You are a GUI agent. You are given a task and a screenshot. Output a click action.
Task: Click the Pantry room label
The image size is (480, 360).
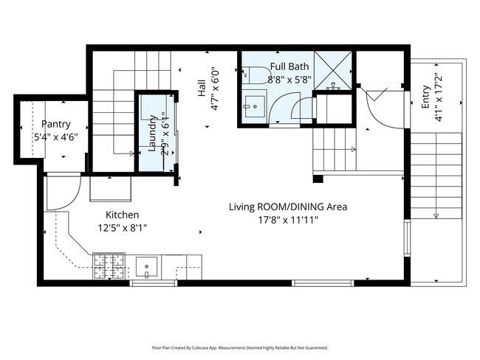(x=56, y=124)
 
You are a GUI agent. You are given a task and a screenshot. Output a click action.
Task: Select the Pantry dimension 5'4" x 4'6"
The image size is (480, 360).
(x=56, y=136)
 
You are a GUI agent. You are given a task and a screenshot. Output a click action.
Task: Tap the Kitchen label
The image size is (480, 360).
(x=122, y=215)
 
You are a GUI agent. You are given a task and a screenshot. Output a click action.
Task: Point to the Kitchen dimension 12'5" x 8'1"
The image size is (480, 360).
(x=122, y=228)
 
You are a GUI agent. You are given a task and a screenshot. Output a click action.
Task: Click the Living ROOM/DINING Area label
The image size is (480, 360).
(x=287, y=207)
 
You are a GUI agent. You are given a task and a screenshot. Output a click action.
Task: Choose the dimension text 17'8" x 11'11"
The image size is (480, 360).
(x=287, y=220)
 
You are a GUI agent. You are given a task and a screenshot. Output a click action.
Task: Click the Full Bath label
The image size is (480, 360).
(x=284, y=66)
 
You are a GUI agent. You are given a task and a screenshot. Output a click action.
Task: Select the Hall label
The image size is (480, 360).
(x=201, y=89)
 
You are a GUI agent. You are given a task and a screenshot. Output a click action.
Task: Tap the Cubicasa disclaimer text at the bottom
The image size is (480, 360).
(x=240, y=347)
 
